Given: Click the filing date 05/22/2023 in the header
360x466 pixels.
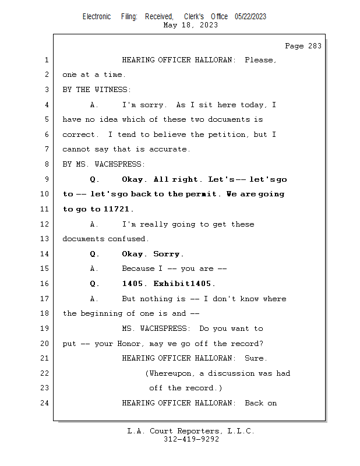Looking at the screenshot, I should (250, 17).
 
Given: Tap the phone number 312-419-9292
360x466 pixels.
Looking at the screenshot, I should (191, 439).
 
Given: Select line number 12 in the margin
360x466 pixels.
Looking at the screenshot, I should (46, 224).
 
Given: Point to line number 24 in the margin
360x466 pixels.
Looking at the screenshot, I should (46, 403).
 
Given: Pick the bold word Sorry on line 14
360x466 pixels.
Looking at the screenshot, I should (168, 254).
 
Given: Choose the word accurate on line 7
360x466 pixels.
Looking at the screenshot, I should (169, 150).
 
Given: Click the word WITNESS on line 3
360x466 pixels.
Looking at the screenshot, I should (113, 90).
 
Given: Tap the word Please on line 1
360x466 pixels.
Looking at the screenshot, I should (260, 60).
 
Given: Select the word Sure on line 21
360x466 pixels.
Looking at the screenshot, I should (256, 358).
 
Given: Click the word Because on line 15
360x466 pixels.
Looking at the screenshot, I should (137, 269).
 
